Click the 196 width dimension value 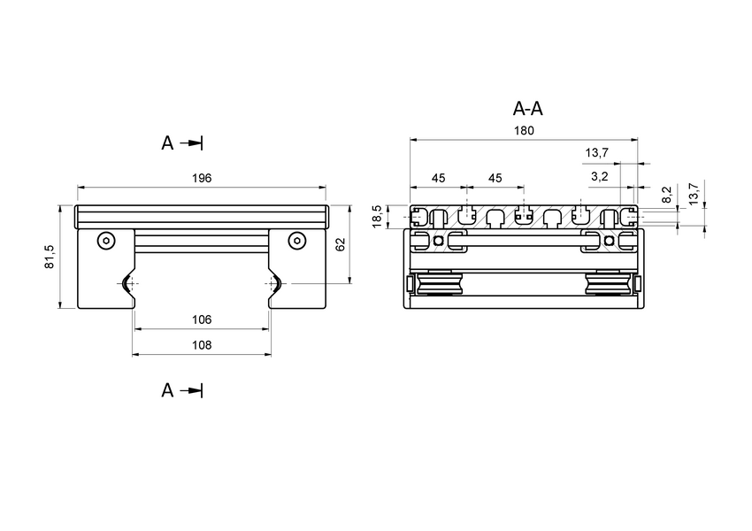202,178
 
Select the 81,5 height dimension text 50,257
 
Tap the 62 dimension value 341,245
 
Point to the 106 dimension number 202,319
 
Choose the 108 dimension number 202,345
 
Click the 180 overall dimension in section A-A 524,130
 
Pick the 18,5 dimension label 378,216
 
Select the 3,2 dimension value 599,177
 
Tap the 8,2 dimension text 666,194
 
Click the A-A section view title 528,109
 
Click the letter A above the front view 167,142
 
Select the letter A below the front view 167,390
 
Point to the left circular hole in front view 106,240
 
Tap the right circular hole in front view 296,240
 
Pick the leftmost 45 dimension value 438,178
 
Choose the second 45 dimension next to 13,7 495,178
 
